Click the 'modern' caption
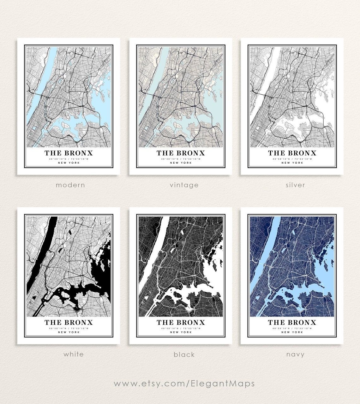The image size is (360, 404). [70, 185]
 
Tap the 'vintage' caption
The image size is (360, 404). [184, 185]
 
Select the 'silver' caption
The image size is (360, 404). [295, 185]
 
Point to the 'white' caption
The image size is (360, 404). [74, 354]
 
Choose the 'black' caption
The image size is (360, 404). [184, 354]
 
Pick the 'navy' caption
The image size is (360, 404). [295, 354]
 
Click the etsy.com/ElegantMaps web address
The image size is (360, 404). [184, 383]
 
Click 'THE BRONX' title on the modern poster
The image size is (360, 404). [69, 153]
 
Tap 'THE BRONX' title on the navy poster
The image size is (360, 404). [292, 323]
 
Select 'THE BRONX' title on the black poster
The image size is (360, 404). [181, 323]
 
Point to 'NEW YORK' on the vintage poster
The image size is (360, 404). [181, 163]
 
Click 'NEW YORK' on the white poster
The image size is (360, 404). [69, 332]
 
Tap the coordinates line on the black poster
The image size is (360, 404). [181, 329]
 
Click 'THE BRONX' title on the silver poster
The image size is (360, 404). [292, 153]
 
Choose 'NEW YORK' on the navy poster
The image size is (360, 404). [292, 332]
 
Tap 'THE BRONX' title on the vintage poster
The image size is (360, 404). [181, 153]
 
